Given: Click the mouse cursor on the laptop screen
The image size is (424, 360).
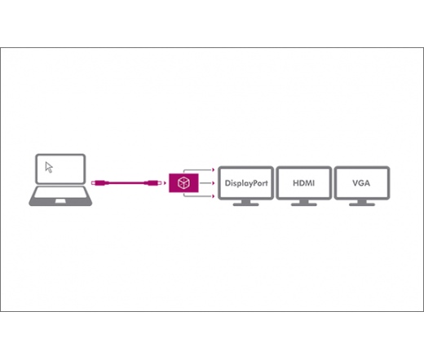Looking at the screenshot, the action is [49, 167].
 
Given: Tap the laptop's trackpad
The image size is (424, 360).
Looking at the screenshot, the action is [60, 201].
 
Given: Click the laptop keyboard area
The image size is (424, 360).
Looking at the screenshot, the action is [60, 192].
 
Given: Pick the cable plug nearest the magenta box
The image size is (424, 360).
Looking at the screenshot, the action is [153, 183].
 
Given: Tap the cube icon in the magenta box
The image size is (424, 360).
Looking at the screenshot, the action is [183, 182].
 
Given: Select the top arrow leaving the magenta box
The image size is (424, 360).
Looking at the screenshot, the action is [199, 170].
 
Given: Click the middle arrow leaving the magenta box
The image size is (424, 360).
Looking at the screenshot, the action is [207, 183].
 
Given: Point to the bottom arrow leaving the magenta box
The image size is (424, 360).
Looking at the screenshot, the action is [199, 195].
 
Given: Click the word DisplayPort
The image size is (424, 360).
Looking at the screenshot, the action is [246, 183].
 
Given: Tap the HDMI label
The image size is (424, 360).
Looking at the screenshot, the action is [303, 183].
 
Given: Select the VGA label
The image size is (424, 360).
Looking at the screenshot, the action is [361, 183].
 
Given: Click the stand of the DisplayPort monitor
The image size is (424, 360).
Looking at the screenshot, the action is [246, 203].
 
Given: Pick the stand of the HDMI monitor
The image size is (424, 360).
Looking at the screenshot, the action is [304, 203].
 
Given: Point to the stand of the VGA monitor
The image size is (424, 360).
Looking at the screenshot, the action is [362, 203].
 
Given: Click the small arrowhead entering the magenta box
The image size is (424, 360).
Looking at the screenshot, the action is [165, 183].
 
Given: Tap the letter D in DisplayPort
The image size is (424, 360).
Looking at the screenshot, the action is [227, 183].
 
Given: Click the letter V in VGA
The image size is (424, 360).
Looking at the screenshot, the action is [356, 183].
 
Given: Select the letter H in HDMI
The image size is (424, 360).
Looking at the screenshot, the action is [296, 183].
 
